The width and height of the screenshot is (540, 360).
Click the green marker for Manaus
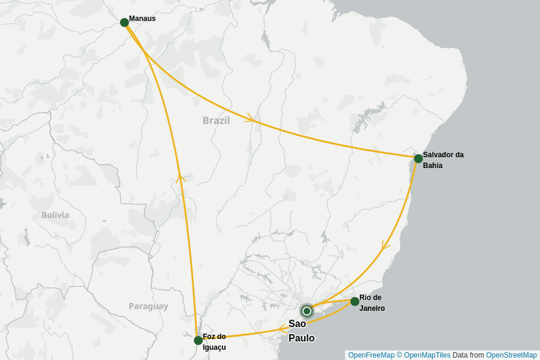(124, 22)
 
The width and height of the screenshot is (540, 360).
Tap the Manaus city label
(142, 19)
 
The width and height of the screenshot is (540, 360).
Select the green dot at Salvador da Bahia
(418, 158)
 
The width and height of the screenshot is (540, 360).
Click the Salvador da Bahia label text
(443, 160)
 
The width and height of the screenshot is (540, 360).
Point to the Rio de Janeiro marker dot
(355, 301)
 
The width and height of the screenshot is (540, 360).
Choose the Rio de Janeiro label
(372, 303)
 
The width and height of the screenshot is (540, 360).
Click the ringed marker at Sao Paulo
(307, 311)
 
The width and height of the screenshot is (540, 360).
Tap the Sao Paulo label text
(301, 331)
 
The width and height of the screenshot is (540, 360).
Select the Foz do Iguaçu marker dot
(198, 340)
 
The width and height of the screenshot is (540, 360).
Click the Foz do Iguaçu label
(214, 341)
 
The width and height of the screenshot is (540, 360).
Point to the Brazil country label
(216, 120)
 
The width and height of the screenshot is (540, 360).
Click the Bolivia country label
(55, 215)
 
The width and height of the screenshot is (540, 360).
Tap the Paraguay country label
(148, 306)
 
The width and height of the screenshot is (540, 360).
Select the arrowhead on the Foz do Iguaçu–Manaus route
(180, 176)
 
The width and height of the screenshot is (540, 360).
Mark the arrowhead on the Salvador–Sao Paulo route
(385, 246)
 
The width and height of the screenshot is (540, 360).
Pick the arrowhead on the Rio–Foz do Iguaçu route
(282, 328)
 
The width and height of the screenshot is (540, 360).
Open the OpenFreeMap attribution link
(371, 355)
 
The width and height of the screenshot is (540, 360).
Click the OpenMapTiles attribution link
(427, 355)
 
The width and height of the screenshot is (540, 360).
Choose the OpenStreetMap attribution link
(511, 355)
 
